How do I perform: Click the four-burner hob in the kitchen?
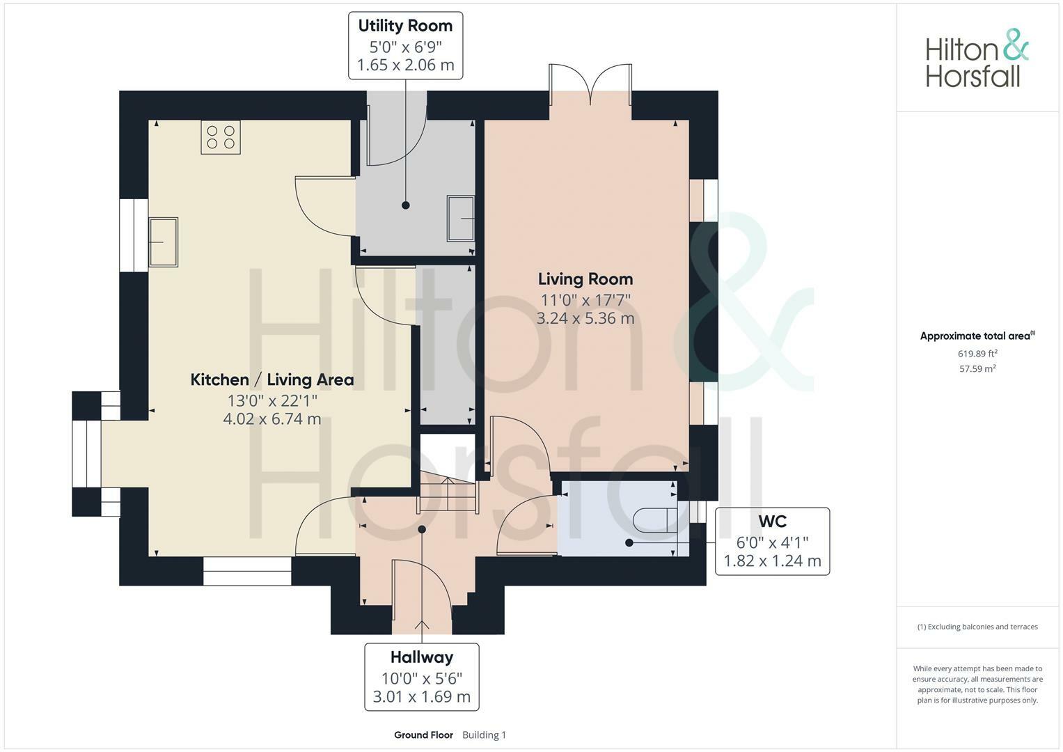pos(221,137)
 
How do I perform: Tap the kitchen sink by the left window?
pos(164,242)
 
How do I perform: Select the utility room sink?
pos(461,218)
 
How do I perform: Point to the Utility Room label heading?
pos(405,26)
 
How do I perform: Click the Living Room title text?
pos(585,279)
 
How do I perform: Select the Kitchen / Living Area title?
pos(272,379)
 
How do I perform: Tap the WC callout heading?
pos(772,521)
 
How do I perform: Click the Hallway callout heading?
pos(422,657)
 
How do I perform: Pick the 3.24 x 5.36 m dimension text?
pos(585,318)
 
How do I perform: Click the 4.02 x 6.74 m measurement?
pos(272,419)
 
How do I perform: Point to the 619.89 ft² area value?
pos(977,353)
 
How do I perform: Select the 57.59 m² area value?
pos(977,369)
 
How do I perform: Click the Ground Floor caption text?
pos(423,735)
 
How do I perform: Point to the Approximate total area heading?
pos(977,336)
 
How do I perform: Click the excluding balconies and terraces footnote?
pos(977,627)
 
